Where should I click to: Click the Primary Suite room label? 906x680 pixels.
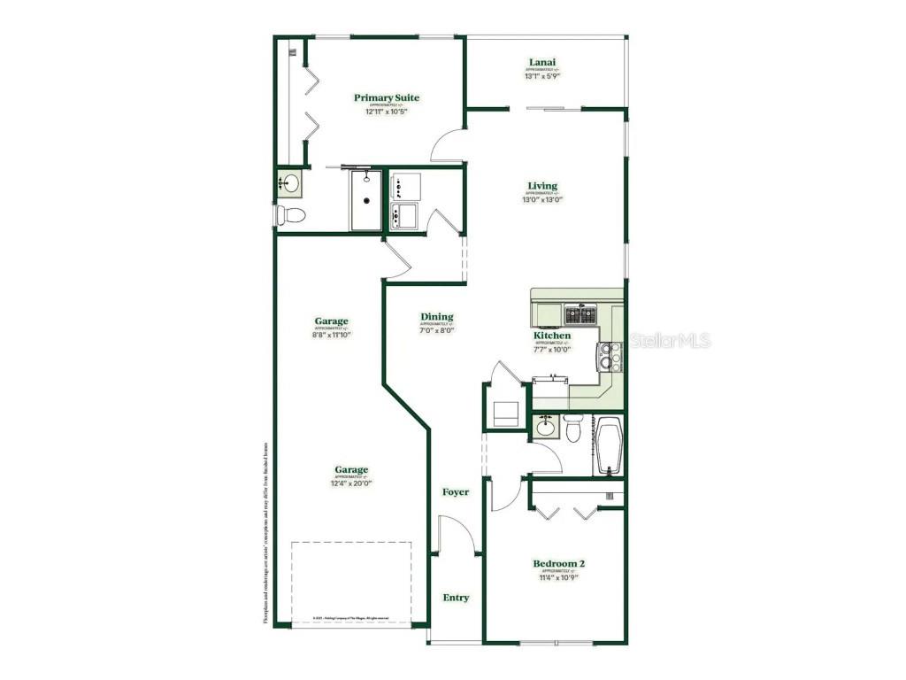coord(387,98)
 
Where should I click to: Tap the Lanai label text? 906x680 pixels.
coord(542,63)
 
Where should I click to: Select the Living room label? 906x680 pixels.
coord(542,186)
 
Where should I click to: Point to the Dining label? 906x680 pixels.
coord(437,317)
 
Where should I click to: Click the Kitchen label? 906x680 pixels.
coord(552,336)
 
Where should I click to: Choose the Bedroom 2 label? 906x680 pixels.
coord(558,564)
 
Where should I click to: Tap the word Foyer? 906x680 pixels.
coord(456,492)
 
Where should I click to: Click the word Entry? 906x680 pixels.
coord(456,598)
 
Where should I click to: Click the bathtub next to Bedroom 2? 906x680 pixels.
coord(609,446)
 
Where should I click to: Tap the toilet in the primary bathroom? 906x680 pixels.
coord(290,214)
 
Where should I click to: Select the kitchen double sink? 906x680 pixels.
coord(581,313)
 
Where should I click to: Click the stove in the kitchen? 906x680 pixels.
coord(610,356)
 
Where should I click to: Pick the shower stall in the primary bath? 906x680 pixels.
coord(365,200)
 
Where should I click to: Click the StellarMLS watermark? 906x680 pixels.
coord(670,340)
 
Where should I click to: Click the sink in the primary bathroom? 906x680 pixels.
coord(289,184)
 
